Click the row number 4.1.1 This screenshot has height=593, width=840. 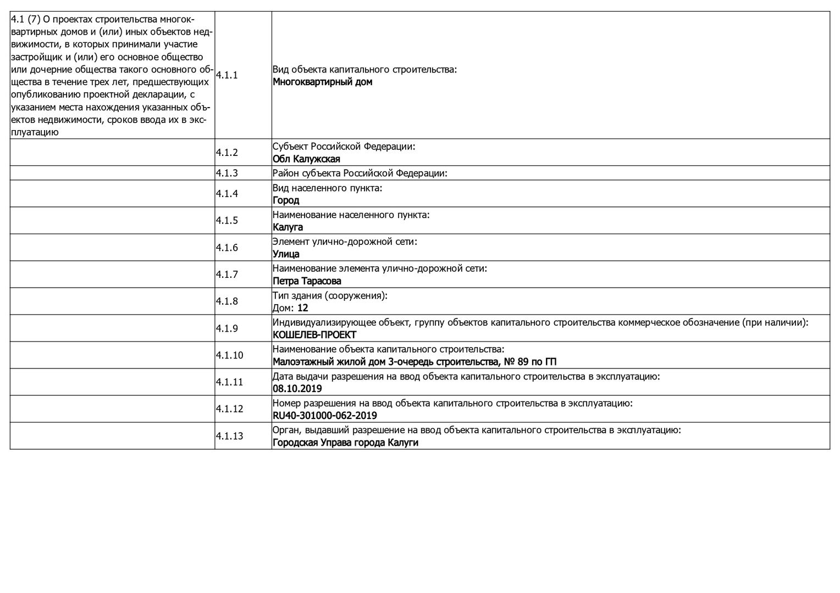click(x=226, y=75)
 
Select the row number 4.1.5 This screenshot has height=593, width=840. click(x=226, y=221)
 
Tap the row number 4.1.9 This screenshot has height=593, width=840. click(x=226, y=328)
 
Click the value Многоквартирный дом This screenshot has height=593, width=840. click(x=322, y=82)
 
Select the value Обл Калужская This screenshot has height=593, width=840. click(x=306, y=159)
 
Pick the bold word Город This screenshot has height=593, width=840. click(x=286, y=200)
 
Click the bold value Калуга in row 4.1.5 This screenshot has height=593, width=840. click(x=288, y=227)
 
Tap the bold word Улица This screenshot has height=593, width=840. click(x=286, y=254)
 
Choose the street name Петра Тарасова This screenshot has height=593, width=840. click(x=307, y=281)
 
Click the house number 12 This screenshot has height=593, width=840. click(x=303, y=308)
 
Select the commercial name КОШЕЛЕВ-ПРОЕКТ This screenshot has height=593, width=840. click(x=314, y=335)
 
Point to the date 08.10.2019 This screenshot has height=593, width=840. click(x=297, y=389)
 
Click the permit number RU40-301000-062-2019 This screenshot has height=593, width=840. click(x=325, y=416)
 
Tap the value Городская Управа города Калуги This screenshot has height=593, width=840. click(x=345, y=443)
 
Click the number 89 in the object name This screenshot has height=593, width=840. click(x=523, y=362)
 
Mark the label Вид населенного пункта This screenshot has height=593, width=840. click(x=327, y=188)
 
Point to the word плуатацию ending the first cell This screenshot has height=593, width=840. click(x=35, y=132)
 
